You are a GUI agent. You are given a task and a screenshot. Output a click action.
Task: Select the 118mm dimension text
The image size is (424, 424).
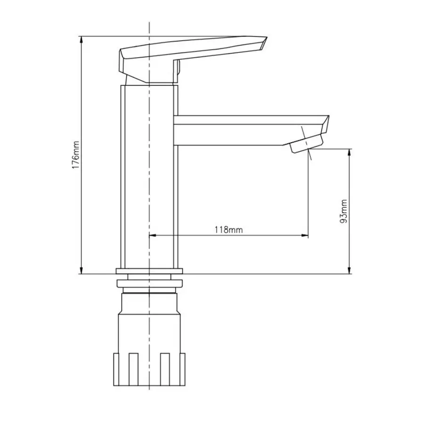point(228,230)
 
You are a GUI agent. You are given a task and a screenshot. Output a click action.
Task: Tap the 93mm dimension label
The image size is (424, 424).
point(344,211)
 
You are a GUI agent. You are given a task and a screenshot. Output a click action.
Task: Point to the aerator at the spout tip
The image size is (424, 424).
point(306,143)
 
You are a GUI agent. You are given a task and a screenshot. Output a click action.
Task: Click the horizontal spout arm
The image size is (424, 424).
point(236,130)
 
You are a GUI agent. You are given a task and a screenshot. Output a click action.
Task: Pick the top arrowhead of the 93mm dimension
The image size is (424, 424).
point(350,153)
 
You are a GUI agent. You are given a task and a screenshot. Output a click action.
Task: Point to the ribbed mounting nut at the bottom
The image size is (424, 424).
point(149,367)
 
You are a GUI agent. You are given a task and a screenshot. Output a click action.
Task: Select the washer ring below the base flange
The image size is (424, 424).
point(149,284)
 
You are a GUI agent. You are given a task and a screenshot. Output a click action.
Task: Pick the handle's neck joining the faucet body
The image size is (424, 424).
point(151,78)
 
